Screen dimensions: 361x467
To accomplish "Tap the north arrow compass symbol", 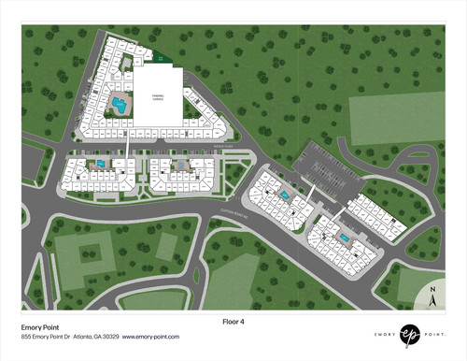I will pos(432,299).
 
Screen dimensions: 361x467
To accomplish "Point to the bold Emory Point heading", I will pos(40,327).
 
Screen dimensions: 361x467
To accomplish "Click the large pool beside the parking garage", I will pos(117,104).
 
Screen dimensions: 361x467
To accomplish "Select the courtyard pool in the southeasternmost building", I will pos(344,238).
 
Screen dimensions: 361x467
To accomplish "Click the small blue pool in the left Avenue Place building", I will pos(100,165).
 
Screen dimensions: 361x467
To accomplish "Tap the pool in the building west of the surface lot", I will pos(284,195).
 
